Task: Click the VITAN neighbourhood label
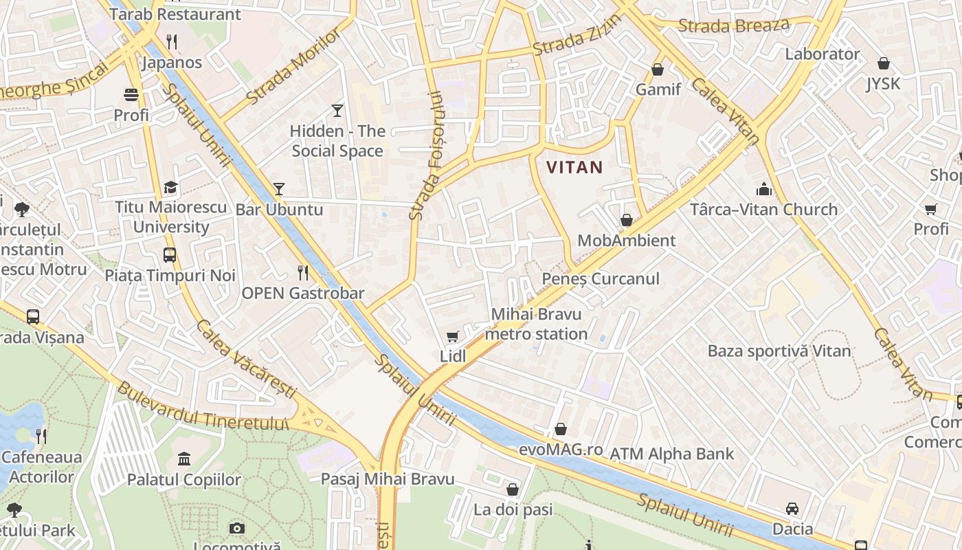click(x=574, y=167)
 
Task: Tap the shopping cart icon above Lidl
click(x=452, y=336)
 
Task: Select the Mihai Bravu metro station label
click(x=536, y=324)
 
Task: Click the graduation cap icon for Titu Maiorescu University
click(x=170, y=188)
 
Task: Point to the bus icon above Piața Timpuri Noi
click(x=170, y=255)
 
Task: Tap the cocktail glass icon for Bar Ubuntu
click(x=278, y=189)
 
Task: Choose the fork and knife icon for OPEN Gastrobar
click(x=303, y=273)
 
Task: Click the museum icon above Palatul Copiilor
click(x=184, y=459)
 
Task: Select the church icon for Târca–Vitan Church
click(x=763, y=189)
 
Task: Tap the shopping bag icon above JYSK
click(x=884, y=64)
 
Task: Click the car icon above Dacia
click(x=792, y=509)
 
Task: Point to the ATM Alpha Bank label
click(x=671, y=454)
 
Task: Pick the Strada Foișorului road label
click(x=426, y=156)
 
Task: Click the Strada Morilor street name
click(x=293, y=67)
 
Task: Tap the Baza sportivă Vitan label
click(x=779, y=351)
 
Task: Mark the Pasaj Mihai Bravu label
click(x=388, y=479)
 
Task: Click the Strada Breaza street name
click(x=734, y=26)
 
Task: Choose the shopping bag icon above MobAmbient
click(x=626, y=220)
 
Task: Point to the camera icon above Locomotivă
click(x=237, y=528)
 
